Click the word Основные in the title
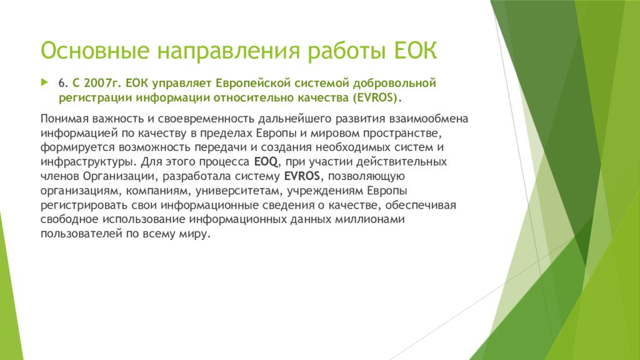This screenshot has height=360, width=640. [95, 51]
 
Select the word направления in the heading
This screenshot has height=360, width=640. [229, 51]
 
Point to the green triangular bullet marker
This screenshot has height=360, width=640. [44, 82]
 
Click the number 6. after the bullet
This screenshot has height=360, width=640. [63, 83]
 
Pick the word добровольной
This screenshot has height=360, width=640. [395, 84]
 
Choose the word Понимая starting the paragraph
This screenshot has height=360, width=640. [64, 119]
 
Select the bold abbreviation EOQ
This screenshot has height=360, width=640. [266, 162]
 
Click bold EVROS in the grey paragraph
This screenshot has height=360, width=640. [302, 176]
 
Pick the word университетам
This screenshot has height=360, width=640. [239, 191]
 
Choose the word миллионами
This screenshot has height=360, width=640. [370, 219]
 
